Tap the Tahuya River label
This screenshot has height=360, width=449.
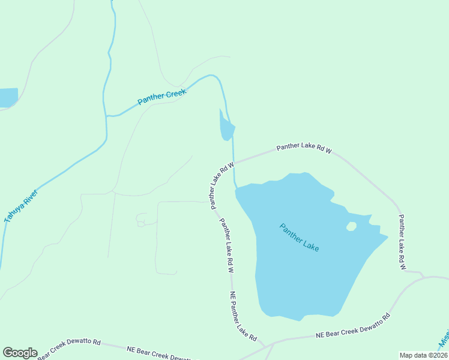click(22, 206)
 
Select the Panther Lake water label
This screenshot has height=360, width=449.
click(299, 237)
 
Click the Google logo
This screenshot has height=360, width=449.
click(20, 353)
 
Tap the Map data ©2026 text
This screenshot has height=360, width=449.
click(423, 355)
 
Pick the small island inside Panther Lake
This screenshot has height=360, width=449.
click(351, 226)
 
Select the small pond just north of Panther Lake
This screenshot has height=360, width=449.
click(226, 127)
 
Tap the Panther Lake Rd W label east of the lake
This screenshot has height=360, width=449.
click(402, 241)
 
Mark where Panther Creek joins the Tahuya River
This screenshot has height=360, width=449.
click(106, 115)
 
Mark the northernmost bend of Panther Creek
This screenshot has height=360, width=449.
click(211, 76)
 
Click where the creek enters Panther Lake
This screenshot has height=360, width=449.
click(236, 187)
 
